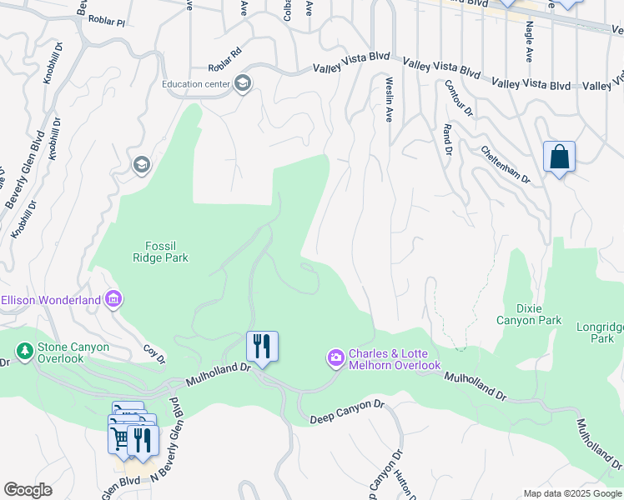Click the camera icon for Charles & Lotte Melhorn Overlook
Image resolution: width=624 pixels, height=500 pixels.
(335, 358)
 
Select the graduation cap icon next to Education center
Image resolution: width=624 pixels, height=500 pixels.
(242, 83)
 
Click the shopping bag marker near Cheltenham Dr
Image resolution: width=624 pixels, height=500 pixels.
(559, 157)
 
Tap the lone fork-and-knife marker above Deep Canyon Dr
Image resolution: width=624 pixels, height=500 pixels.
(262, 346)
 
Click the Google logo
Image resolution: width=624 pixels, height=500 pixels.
(28, 490)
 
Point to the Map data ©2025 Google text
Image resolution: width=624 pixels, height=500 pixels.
(572, 493)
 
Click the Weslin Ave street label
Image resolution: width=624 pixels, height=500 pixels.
(389, 99)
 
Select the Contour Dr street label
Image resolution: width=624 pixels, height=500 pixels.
(458, 97)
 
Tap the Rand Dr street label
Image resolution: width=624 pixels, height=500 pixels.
(447, 140)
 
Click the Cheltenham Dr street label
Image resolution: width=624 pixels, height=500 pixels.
(506, 164)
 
